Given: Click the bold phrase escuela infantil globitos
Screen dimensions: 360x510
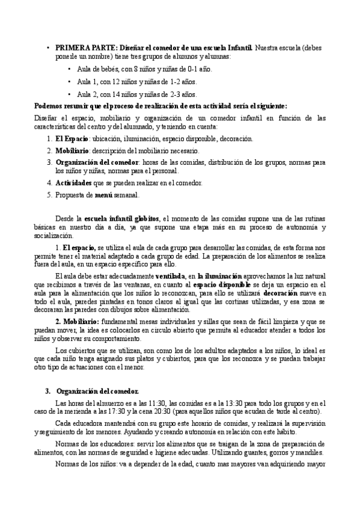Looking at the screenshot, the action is pos(121,218).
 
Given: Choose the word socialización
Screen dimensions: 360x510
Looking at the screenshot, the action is pos(53,236).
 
